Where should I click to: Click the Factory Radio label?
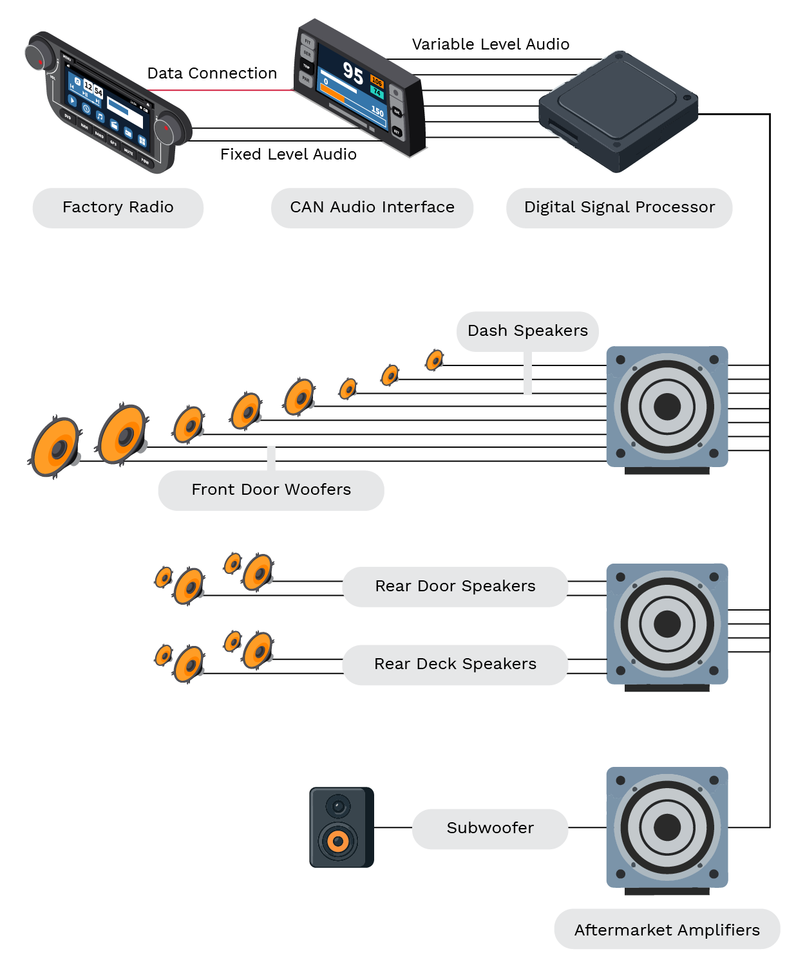(118, 207)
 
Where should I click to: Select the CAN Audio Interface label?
(372, 207)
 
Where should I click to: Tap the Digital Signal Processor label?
(619, 207)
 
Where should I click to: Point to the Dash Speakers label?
(527, 331)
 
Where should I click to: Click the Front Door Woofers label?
(271, 490)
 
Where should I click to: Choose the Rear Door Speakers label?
(455, 586)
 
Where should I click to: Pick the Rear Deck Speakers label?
(455, 664)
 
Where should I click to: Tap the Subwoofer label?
(490, 828)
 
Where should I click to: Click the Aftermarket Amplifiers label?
(667, 930)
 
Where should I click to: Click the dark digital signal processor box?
(618, 109)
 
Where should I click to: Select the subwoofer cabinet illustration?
(341, 827)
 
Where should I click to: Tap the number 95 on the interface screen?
(352, 73)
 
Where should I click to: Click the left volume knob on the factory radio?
(40, 55)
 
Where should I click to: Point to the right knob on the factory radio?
(170, 128)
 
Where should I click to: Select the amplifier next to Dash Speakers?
(667, 407)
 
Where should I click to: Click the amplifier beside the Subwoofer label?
(667, 827)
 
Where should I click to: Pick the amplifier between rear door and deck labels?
(667, 623)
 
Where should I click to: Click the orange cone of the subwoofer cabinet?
(337, 841)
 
